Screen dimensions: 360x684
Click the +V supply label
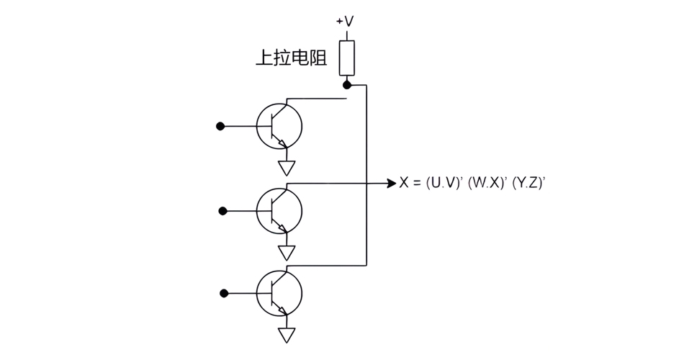click(346, 22)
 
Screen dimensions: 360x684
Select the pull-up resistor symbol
click(347, 58)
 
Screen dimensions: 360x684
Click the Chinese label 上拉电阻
click(291, 58)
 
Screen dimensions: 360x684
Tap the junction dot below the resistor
click(347, 84)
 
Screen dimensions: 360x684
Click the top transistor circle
click(279, 126)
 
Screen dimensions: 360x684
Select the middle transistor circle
click(279, 210)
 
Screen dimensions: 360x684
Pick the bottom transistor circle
click(279, 293)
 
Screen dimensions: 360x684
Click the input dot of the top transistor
click(220, 126)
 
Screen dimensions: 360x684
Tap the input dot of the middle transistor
click(222, 211)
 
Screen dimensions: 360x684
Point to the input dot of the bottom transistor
click(224, 293)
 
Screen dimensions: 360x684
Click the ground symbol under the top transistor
click(287, 168)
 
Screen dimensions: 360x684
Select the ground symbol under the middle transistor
click(287, 252)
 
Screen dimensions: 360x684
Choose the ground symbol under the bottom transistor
click(287, 336)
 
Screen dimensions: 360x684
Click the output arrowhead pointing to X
click(391, 183)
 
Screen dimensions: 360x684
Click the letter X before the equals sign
click(404, 184)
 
